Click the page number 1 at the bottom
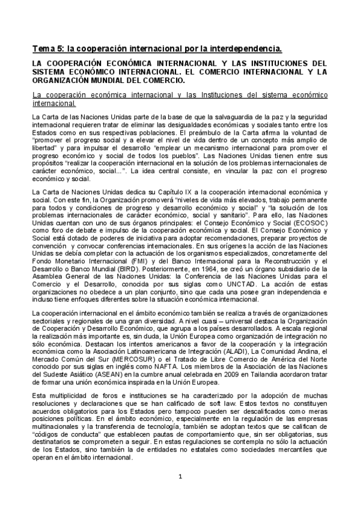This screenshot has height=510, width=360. click(180, 494)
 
